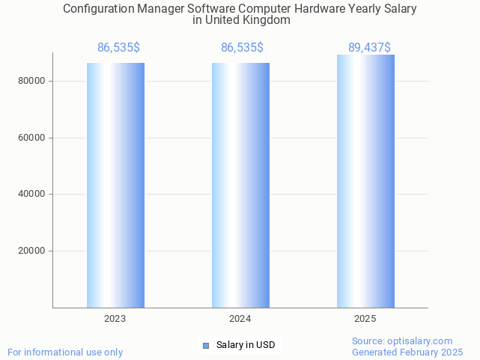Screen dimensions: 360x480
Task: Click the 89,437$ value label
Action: [369, 48]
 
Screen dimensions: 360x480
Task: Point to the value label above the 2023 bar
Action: [118, 48]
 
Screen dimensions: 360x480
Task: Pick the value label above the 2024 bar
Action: [242, 48]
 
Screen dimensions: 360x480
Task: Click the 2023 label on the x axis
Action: [115, 319]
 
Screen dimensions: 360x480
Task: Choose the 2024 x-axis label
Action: [240, 319]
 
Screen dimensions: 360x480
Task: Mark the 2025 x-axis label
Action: [365, 319]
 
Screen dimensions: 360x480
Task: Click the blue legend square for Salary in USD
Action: [207, 345]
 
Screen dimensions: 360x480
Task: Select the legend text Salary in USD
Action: [246, 345]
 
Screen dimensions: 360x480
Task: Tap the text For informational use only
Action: [65, 352]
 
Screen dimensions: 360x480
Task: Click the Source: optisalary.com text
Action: [402, 341]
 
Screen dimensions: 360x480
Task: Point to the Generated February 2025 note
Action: [407, 352]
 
